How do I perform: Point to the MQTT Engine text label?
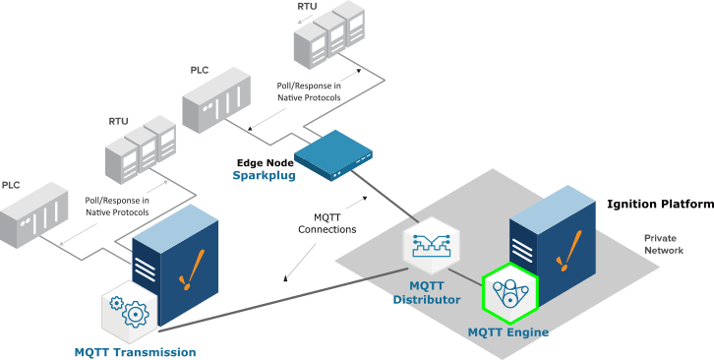point(507,332)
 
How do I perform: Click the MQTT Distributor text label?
point(427,292)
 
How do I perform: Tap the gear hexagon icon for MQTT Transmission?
point(131,310)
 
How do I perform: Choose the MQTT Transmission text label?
point(135,351)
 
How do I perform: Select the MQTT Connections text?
point(327,223)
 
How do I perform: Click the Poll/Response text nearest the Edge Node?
point(309,91)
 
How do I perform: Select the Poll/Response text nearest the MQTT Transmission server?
point(116,206)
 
